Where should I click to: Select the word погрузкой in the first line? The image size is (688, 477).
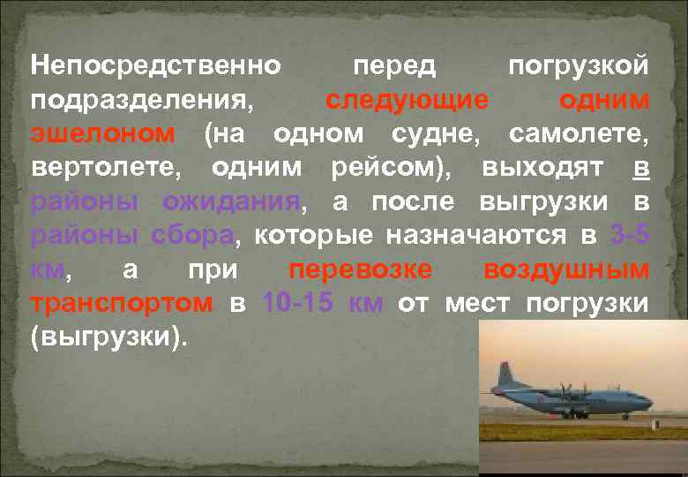[580, 65]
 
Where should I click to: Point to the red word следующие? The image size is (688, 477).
[407, 100]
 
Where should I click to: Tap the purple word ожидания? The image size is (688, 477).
[231, 202]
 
